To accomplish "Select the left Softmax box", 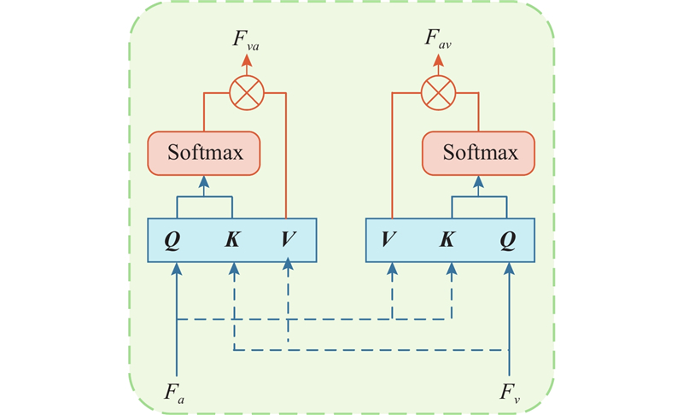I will click(205, 154).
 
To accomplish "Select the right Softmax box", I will click(480, 154).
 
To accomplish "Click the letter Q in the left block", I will click(173, 239).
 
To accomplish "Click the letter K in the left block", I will click(232, 239).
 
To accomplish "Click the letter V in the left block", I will click(288, 239).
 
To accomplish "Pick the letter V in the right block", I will click(392, 239).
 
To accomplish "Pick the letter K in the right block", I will click(447, 239).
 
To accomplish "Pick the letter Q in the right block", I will click(509, 239).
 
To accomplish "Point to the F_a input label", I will click(175, 394).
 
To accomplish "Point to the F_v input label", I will click(510, 394).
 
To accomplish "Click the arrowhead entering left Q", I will click(176, 268).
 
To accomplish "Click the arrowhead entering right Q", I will click(510, 268).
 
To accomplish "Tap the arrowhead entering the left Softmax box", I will click(204, 181).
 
